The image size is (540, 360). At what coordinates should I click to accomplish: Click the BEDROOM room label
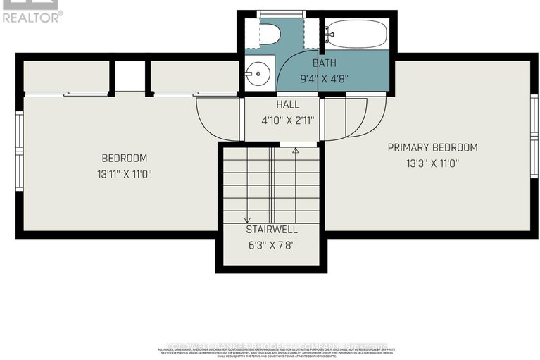124,158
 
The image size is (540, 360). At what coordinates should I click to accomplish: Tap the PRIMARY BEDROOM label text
432,147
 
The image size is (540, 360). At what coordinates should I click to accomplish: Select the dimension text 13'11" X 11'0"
124,173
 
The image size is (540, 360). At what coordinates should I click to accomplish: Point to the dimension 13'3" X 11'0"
432,163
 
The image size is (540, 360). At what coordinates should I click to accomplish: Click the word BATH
325,63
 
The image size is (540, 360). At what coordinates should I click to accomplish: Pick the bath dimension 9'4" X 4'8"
325,78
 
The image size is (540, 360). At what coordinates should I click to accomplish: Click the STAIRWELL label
271,230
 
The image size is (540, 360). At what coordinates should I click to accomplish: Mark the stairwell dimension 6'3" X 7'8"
271,245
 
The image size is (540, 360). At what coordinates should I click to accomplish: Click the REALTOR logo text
32,16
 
